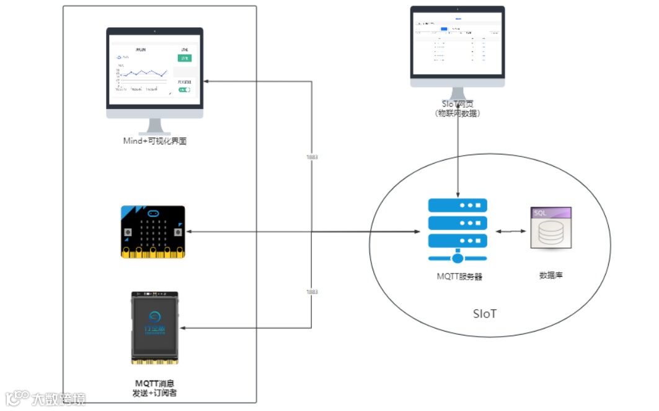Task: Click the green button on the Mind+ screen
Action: pyautogui.click(x=185, y=58)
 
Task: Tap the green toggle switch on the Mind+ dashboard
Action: pyautogui.click(x=184, y=90)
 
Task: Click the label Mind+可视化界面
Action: pyautogui.click(x=155, y=141)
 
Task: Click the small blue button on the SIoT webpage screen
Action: pyautogui.click(x=444, y=29)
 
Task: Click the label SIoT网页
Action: pyautogui.click(x=458, y=104)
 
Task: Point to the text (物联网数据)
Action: pyautogui.click(x=458, y=113)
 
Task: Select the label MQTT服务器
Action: pyautogui.click(x=459, y=276)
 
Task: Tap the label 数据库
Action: pyautogui.click(x=551, y=273)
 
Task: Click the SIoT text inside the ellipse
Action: pyautogui.click(x=485, y=314)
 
